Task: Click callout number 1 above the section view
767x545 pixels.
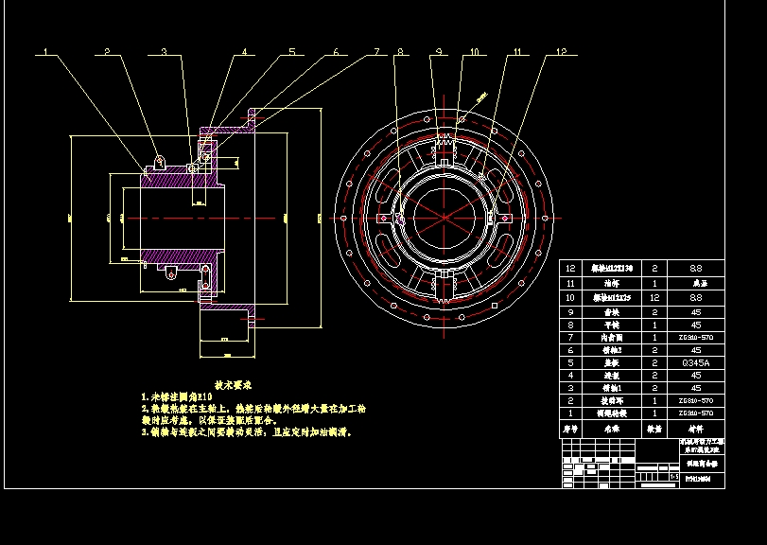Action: pos(43,52)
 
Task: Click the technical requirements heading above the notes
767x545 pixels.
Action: pos(232,385)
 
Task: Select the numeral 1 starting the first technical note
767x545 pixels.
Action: pos(143,397)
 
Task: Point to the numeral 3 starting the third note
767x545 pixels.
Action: pos(143,431)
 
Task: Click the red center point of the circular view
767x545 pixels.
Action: pos(444,219)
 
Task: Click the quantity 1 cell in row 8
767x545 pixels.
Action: pos(655,323)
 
